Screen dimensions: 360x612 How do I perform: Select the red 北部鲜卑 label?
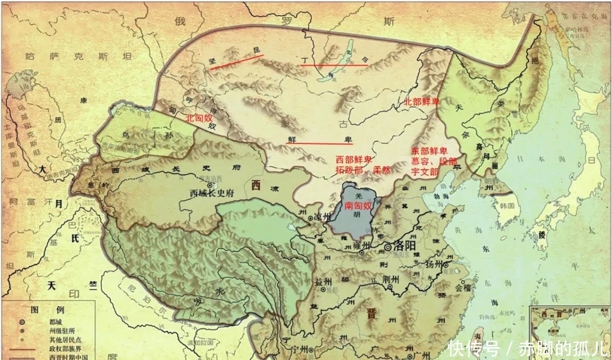tap(422, 102)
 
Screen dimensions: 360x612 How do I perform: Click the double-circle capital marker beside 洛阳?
tap(388, 247)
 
